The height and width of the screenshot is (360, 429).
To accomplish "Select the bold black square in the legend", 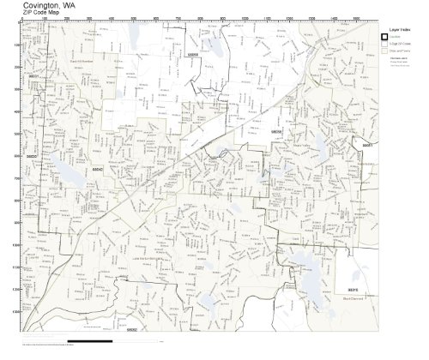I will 385,36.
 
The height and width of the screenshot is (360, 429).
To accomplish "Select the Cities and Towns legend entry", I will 400,51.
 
